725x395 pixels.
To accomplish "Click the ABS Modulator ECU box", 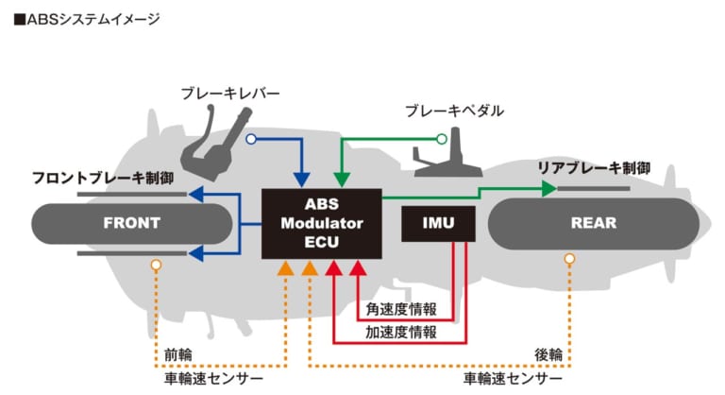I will (x=321, y=223).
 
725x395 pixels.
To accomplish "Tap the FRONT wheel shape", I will (x=131, y=223).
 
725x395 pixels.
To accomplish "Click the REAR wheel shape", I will (x=593, y=223).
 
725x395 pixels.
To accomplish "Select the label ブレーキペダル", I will (x=454, y=111).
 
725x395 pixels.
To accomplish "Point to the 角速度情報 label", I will (x=401, y=309).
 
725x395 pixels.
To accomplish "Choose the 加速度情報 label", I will (x=401, y=332).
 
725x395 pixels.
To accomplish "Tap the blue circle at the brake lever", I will (x=250, y=140).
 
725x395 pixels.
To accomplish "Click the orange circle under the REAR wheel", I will (x=569, y=258).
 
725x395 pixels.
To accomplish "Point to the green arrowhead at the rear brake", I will (x=549, y=189).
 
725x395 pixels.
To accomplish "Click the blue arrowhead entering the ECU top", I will (x=301, y=180).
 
